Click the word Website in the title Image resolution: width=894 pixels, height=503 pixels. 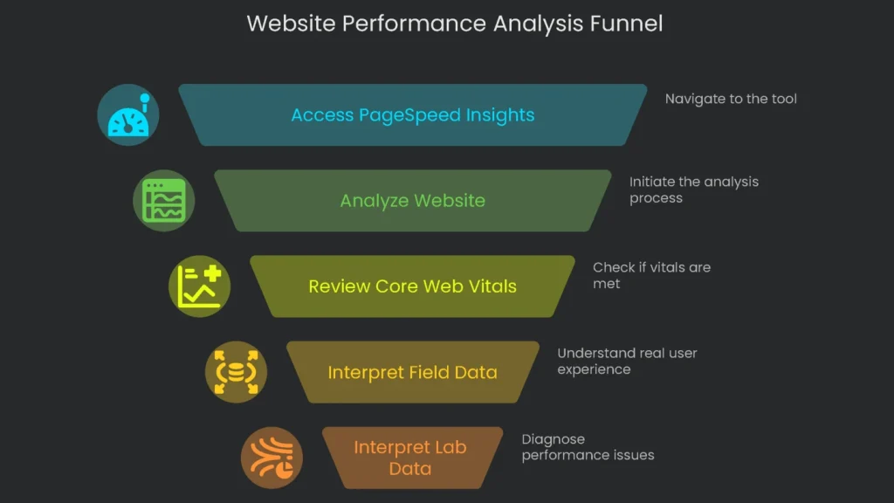[x=290, y=24]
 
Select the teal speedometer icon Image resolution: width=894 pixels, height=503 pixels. [x=128, y=115]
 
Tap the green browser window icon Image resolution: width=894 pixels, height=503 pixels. [x=164, y=201]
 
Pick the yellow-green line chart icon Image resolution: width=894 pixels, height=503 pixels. [x=199, y=286]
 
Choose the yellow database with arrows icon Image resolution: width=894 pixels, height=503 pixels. [x=236, y=372]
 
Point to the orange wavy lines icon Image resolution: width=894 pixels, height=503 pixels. [x=272, y=458]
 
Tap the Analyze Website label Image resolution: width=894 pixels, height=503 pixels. [x=412, y=201]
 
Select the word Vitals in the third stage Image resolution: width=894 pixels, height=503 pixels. [x=491, y=286]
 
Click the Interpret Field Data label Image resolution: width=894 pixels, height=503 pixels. [x=412, y=373]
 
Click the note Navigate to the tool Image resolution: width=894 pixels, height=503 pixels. [x=731, y=99]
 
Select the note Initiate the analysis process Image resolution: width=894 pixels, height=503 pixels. [x=693, y=189]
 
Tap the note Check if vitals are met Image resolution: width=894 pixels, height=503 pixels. [x=651, y=275]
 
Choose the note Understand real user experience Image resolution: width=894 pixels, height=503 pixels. [x=627, y=361]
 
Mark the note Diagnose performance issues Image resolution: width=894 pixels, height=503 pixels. [x=588, y=446]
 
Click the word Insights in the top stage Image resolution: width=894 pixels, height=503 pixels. [x=499, y=115]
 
